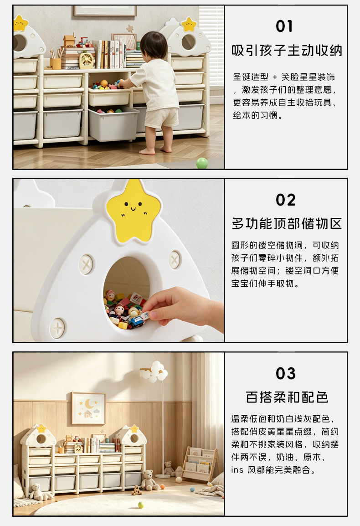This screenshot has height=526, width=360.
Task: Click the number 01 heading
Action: (x=284, y=26)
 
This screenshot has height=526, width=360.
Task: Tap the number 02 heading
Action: (x=286, y=200)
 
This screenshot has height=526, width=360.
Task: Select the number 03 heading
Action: (x=286, y=373)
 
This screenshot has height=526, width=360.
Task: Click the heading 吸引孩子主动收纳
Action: (x=287, y=51)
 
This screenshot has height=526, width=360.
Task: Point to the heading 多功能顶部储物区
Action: (x=287, y=223)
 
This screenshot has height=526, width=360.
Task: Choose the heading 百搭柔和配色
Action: (x=287, y=397)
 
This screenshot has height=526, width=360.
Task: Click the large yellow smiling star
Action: (x=133, y=211)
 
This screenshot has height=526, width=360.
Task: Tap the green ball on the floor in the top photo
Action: (x=202, y=163)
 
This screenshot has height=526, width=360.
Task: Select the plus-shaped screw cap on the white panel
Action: (x=58, y=328)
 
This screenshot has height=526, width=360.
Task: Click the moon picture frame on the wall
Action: (x=88, y=408)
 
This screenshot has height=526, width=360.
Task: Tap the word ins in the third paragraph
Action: (x=237, y=470)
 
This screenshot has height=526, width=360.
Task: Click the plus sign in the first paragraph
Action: (x=275, y=77)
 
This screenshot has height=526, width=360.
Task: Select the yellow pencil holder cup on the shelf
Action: (x=56, y=63)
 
